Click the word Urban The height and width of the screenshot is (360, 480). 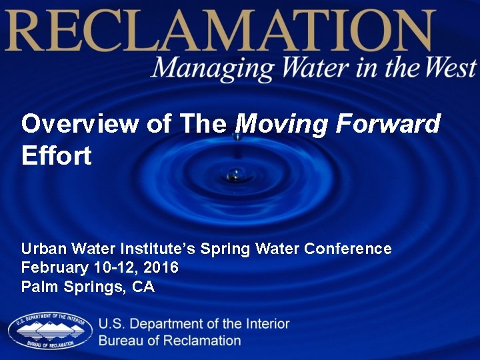[x=43, y=249]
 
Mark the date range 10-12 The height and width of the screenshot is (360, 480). [x=109, y=268]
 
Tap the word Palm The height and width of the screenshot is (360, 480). [x=38, y=287]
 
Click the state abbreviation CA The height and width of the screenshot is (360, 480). [x=143, y=287]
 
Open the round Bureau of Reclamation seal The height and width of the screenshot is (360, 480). [x=50, y=331]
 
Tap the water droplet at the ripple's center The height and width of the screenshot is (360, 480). [x=235, y=175]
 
